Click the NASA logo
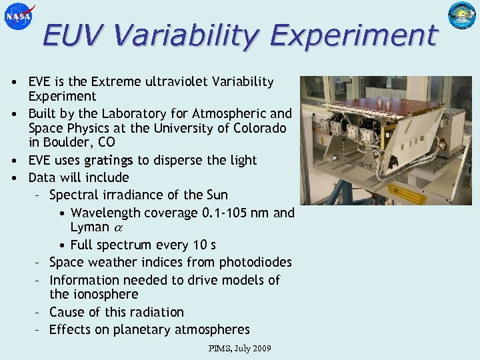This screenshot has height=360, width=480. pyautogui.click(x=18, y=16)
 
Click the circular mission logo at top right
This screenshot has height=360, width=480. pyautogui.click(x=462, y=16)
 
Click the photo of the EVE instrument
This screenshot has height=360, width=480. pyautogui.click(x=387, y=140)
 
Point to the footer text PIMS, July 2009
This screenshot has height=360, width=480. pyautogui.click(x=240, y=349)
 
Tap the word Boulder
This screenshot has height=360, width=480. pyautogui.click(x=65, y=143)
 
